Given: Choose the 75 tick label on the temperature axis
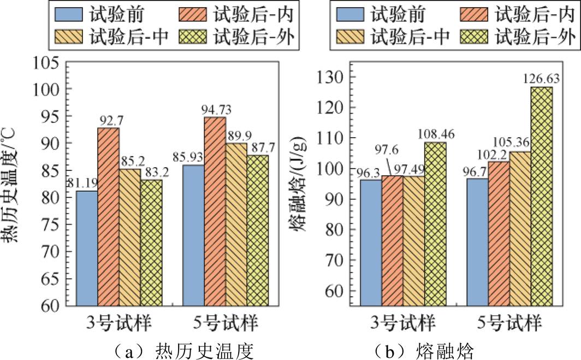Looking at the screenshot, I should [48, 225].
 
